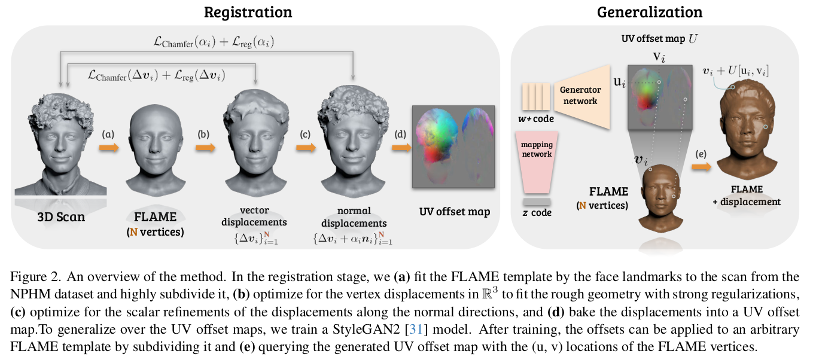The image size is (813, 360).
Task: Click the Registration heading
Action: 248,11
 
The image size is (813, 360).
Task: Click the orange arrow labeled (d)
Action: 400,148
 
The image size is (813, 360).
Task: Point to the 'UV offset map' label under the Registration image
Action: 453,212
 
